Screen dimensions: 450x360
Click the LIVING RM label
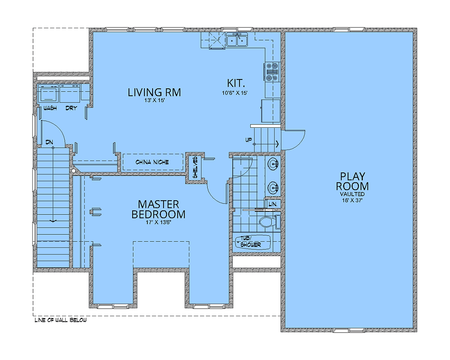tap(154, 93)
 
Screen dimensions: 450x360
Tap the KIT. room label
tap(236, 83)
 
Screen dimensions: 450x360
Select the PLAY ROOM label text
tap(352, 181)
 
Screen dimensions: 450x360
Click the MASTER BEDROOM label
tap(159, 209)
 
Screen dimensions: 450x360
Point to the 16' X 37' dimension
tap(352, 200)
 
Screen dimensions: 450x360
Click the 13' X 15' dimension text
tap(154, 100)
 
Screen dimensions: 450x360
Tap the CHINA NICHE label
tap(152, 162)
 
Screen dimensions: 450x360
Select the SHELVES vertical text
tap(195, 167)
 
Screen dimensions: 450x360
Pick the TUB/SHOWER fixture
tap(253, 242)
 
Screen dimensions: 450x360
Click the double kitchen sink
tap(237, 39)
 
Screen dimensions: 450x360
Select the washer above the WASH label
tap(48, 93)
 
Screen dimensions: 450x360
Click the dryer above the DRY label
tap(70, 93)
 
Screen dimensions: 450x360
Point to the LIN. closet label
tap(273, 204)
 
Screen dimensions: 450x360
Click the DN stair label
tap(49, 142)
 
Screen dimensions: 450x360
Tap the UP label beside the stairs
tap(249, 140)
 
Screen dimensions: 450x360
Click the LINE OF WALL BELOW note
tap(61, 320)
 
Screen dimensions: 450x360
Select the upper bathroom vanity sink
tap(273, 165)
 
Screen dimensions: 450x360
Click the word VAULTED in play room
tap(352, 194)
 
